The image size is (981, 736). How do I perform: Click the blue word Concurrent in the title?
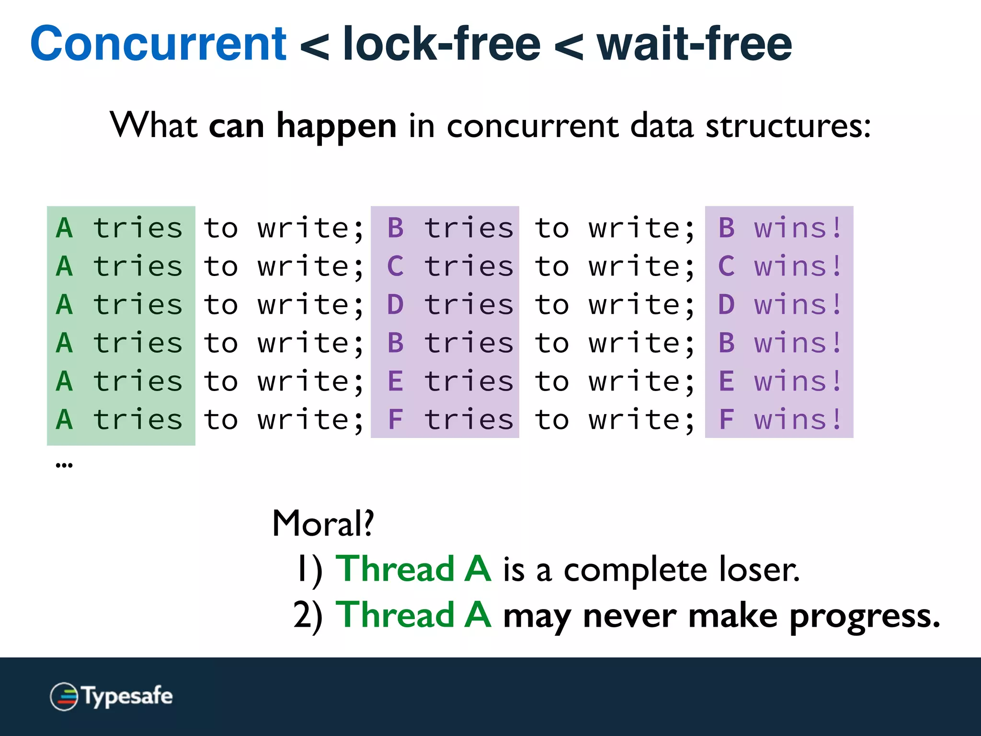(x=158, y=44)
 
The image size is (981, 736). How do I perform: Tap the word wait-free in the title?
(x=694, y=44)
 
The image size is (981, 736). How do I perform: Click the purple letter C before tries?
(x=395, y=266)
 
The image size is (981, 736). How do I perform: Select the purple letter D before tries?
(x=395, y=305)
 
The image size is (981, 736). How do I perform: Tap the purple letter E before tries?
(x=395, y=381)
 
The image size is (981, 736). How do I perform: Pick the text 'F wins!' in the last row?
(x=779, y=420)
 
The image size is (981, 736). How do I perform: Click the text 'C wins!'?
(x=779, y=266)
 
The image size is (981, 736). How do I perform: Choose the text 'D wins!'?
(x=779, y=305)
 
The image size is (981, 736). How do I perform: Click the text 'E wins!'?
(x=779, y=381)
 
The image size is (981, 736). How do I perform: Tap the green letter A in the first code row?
(x=64, y=228)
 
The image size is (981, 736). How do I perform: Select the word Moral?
(x=323, y=524)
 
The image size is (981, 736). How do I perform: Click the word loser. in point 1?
(x=759, y=570)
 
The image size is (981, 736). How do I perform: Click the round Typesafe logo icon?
(x=64, y=696)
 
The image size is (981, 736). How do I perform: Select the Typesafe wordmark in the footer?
(x=127, y=696)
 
